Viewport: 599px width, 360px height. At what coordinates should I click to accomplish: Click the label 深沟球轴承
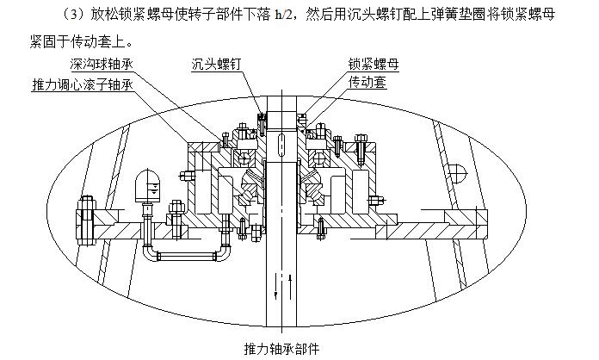tap(102, 65)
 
